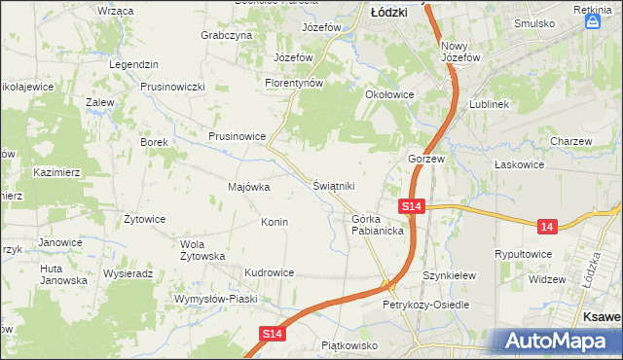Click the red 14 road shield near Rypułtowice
[548, 226]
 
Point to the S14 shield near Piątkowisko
[274, 334]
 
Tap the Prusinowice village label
[238, 137]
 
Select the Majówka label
[248, 187]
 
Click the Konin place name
[274, 222]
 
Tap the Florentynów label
[294, 84]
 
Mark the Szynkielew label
[449, 275]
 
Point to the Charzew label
[570, 141]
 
